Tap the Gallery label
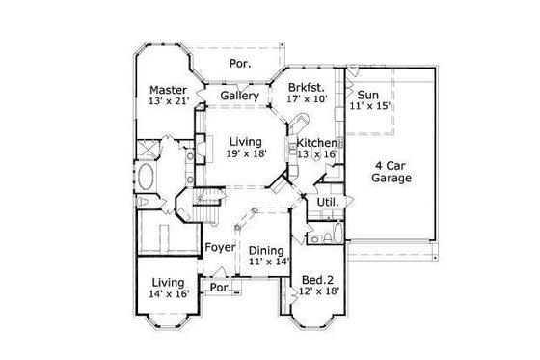tap(238, 97)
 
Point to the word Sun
tap(367, 96)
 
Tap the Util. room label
tap(325, 203)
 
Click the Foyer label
tap(220, 248)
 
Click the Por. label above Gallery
tap(240, 64)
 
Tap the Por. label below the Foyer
tap(220, 288)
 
